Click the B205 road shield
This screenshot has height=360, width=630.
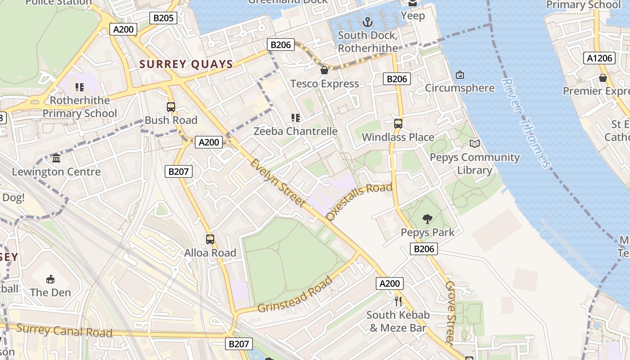[x=163, y=18]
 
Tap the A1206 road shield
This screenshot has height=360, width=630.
[x=600, y=58]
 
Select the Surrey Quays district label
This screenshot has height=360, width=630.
[x=186, y=64]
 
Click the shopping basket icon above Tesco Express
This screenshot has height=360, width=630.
[x=324, y=70]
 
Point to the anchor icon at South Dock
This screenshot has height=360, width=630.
[x=368, y=22]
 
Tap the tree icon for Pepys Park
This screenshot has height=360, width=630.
[x=427, y=219]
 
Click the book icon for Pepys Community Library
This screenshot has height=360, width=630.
[x=474, y=144]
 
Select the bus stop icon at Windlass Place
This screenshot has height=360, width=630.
[x=398, y=123]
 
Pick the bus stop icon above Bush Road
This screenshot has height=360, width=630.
[x=171, y=107]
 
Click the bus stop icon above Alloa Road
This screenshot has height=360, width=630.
[x=210, y=239]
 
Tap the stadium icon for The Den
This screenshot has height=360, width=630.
[x=50, y=279]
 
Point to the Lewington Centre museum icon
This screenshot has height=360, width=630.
[x=56, y=158]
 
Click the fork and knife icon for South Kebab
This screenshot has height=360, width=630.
[x=398, y=301]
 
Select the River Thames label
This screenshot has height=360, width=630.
[x=526, y=123]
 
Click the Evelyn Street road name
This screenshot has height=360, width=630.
[x=278, y=183]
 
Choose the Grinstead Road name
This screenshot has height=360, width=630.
[x=295, y=295]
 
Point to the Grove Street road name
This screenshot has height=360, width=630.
[x=450, y=312]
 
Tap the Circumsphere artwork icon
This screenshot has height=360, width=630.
[x=460, y=74]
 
